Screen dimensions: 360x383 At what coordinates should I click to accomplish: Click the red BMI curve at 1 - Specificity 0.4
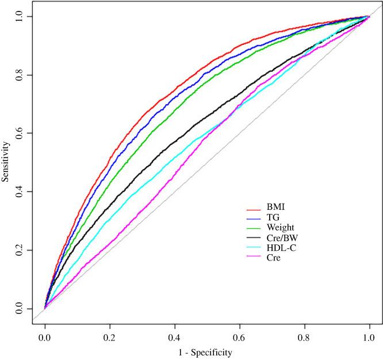pyautogui.click(x=174, y=87)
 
